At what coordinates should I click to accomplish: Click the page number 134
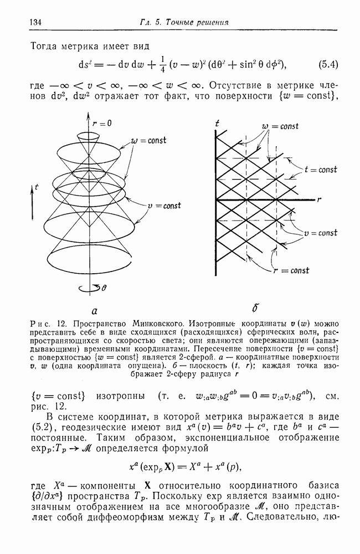point(27,22)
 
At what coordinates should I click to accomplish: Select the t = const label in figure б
point(321,170)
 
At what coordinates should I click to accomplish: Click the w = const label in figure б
point(280,126)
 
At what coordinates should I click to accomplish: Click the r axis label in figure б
point(320,197)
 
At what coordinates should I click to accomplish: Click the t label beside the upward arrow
point(37,188)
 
